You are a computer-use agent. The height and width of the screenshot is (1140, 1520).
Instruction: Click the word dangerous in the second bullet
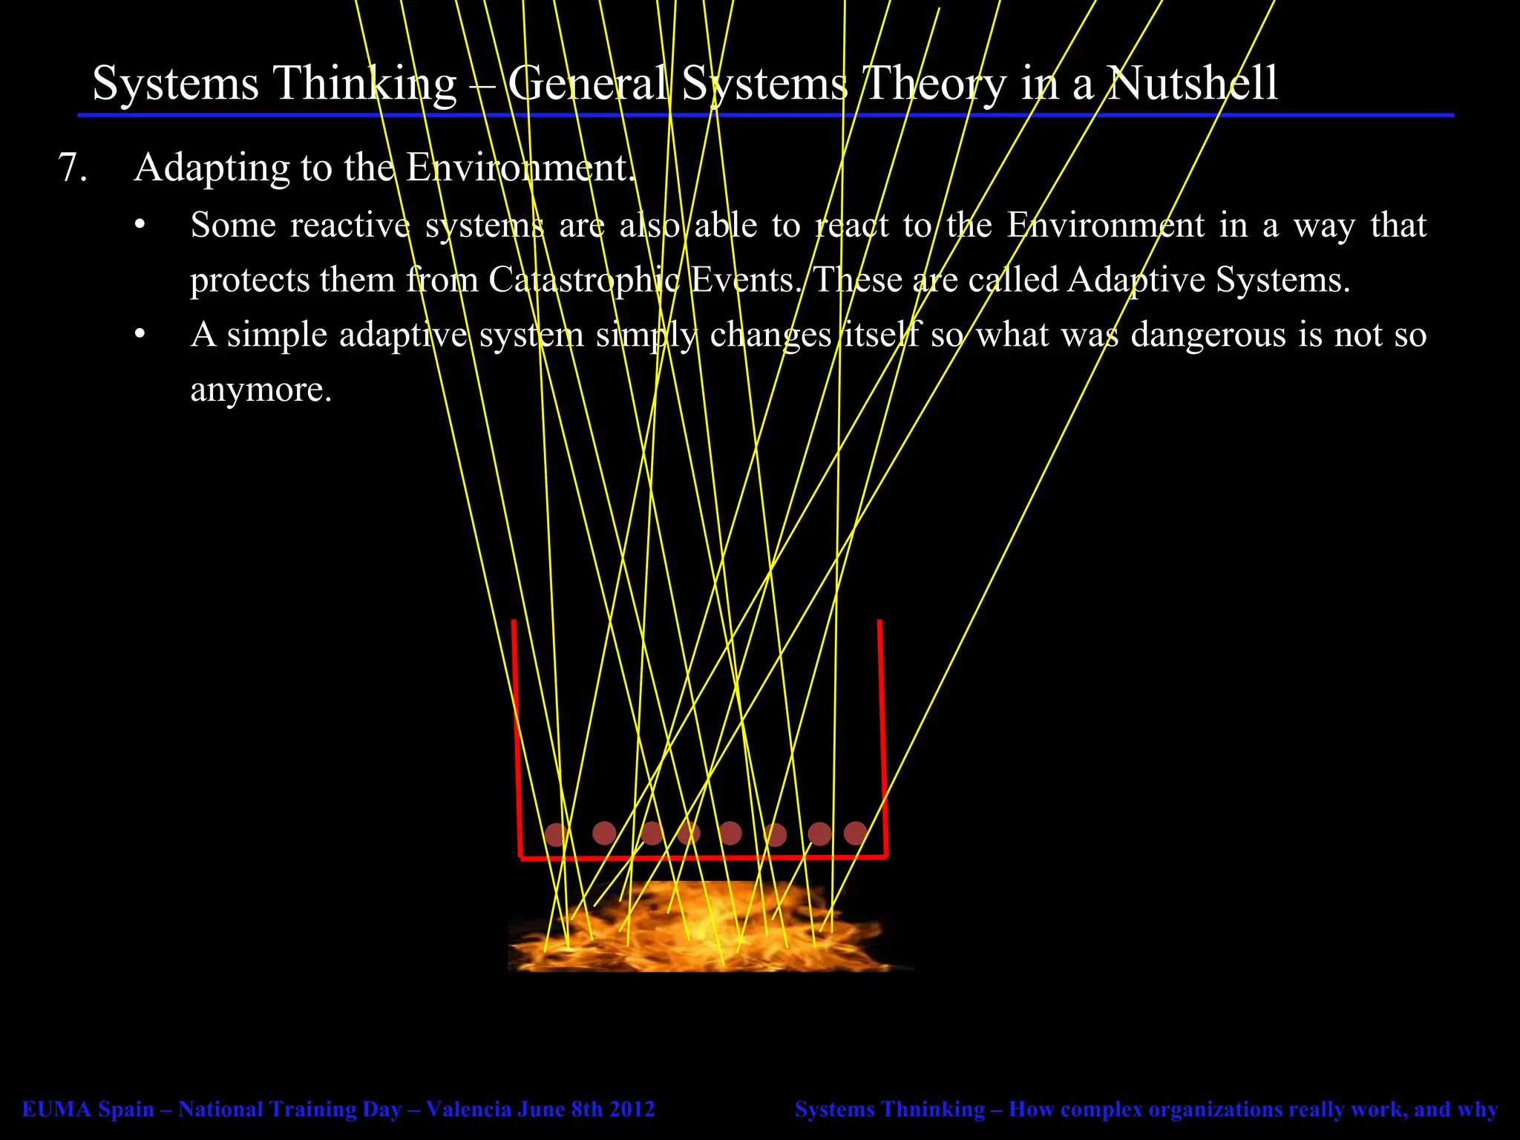[x=1210, y=335]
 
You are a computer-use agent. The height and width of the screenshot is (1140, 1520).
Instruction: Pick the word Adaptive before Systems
[x=1137, y=281]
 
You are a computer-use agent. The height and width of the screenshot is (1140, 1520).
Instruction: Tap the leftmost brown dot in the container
[x=555, y=835]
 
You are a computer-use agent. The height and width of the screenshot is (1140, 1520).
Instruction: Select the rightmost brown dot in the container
[x=855, y=833]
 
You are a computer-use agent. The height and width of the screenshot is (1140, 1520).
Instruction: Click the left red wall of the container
[x=517, y=735]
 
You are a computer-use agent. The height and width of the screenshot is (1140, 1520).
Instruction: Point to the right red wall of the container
[x=882, y=735]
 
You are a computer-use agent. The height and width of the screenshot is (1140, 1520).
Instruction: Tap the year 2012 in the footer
[x=632, y=1110]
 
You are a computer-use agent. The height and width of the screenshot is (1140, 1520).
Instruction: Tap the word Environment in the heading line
[x=520, y=168]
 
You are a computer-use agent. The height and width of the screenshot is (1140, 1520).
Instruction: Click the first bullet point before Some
[x=140, y=226]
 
